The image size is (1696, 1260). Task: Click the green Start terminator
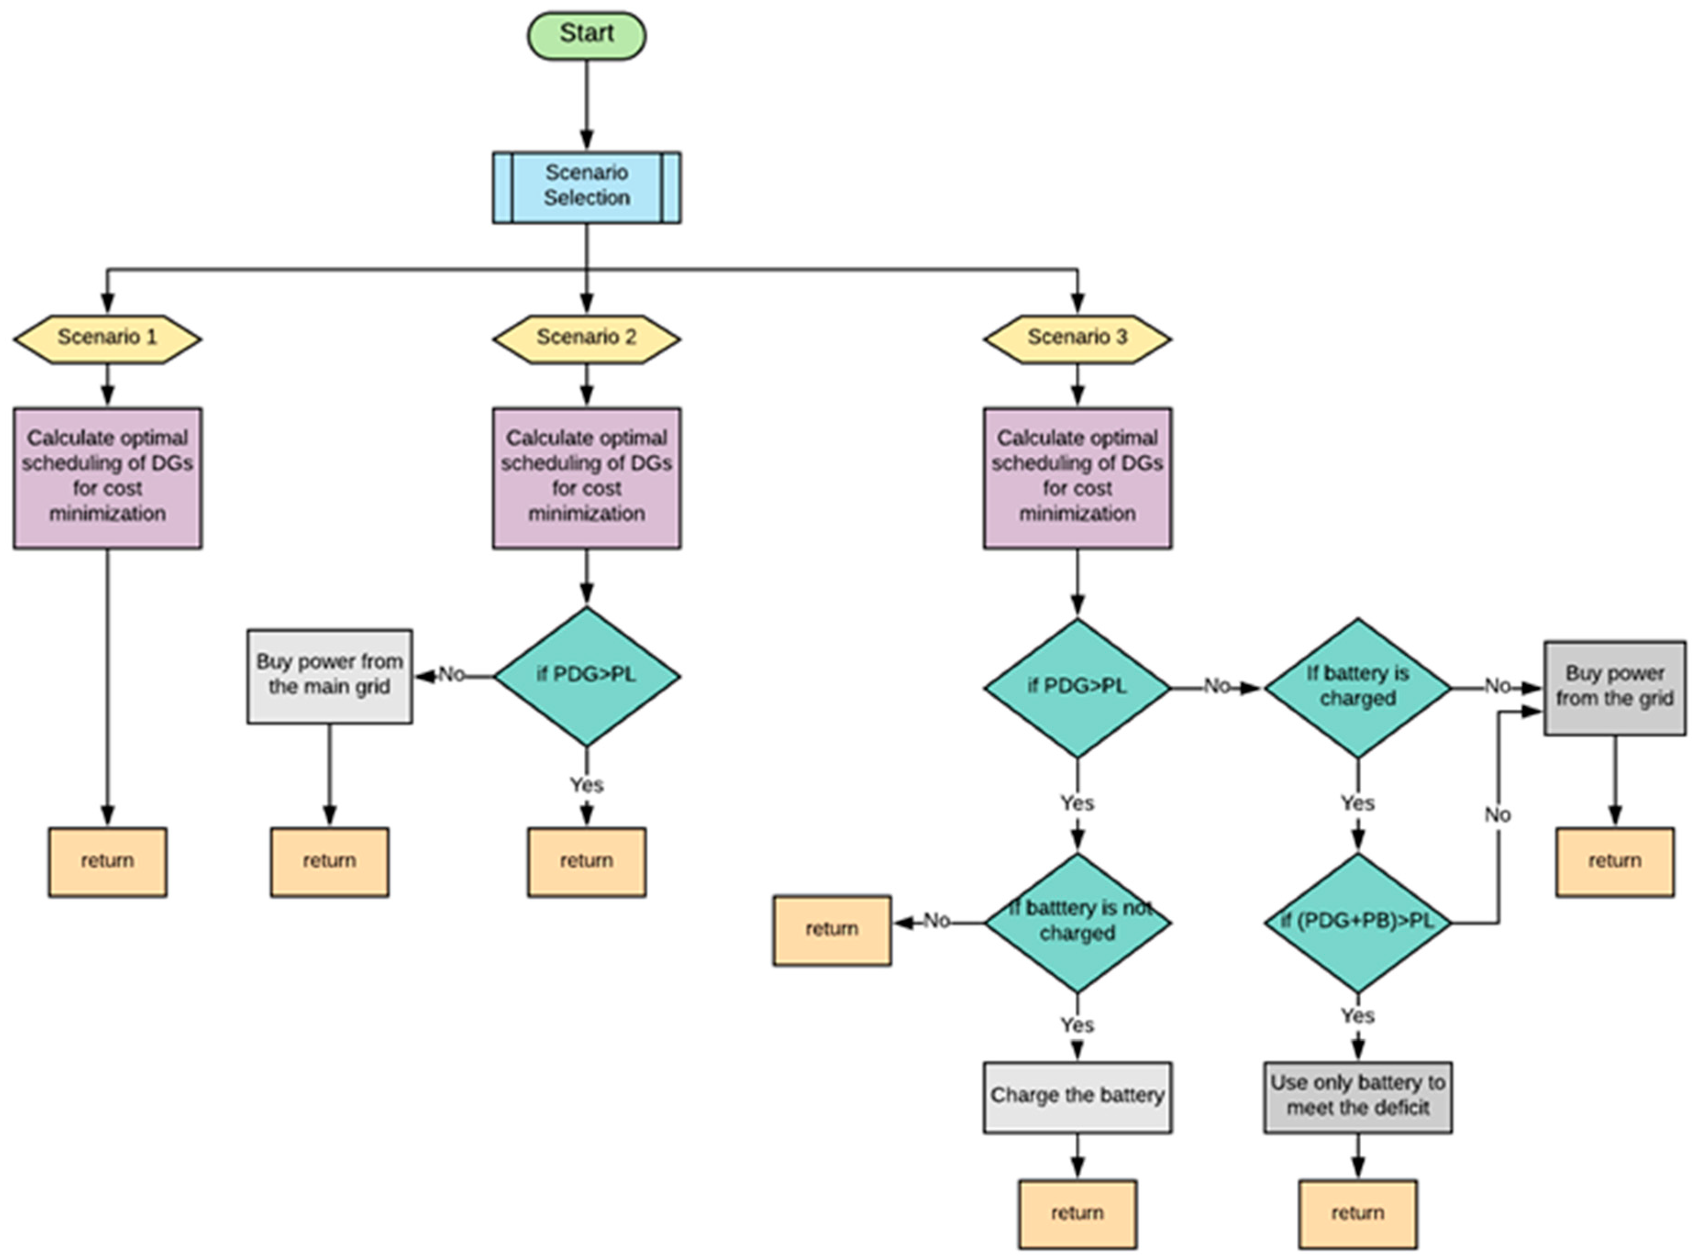pyautogui.click(x=586, y=35)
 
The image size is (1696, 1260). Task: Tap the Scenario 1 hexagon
pyautogui.click(x=108, y=338)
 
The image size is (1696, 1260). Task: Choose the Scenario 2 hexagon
pyautogui.click(x=586, y=338)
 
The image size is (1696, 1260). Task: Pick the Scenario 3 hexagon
pyautogui.click(x=1077, y=338)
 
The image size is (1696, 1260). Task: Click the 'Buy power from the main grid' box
pyautogui.click(x=330, y=676)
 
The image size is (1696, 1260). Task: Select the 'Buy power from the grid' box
pyautogui.click(x=1614, y=687)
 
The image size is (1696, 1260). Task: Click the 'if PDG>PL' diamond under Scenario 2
pyautogui.click(x=586, y=676)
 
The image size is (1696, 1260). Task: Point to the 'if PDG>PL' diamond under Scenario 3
pyautogui.click(x=1077, y=687)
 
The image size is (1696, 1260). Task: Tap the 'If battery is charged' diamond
pyautogui.click(x=1358, y=687)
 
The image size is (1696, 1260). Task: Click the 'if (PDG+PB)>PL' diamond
pyautogui.click(x=1358, y=922)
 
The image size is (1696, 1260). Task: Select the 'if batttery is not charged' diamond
pyautogui.click(x=1077, y=922)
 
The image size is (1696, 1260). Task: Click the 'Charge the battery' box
pyautogui.click(x=1077, y=1097)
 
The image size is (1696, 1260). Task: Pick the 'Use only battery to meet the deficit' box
pyautogui.click(x=1358, y=1097)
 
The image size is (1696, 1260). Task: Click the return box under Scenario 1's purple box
pyautogui.click(x=108, y=861)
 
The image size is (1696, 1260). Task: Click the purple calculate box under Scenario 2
pyautogui.click(x=586, y=477)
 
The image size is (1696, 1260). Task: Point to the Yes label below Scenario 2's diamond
pyautogui.click(x=586, y=785)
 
